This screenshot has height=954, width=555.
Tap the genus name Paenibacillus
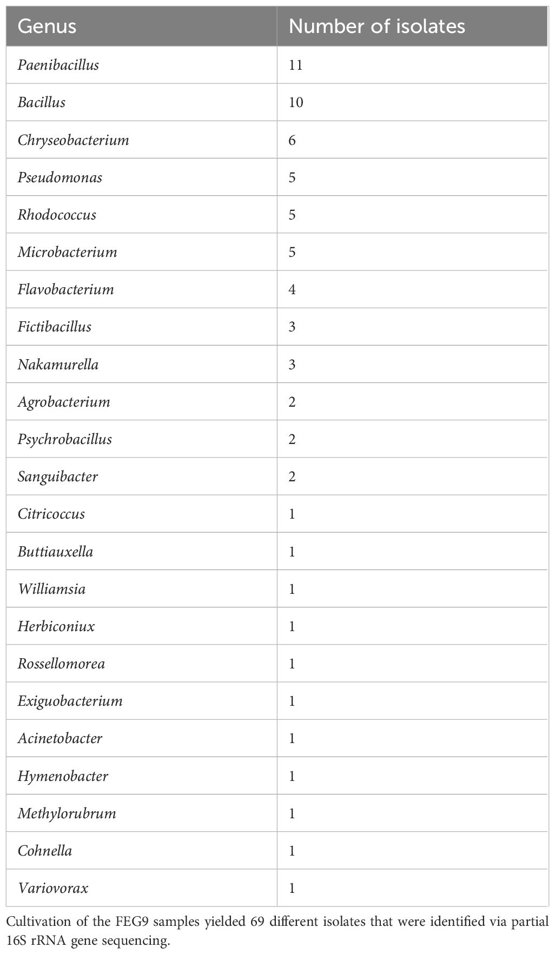(x=58, y=65)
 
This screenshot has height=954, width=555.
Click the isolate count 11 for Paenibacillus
(x=295, y=65)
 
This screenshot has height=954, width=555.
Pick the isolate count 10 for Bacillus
(x=296, y=102)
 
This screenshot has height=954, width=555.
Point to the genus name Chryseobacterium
(x=73, y=140)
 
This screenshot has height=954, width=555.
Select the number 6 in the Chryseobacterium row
(x=292, y=140)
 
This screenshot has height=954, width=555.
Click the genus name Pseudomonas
(x=60, y=177)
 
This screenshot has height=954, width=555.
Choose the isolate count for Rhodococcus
(x=292, y=215)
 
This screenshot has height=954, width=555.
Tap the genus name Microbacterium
(x=67, y=252)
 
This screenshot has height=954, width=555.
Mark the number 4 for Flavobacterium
(x=292, y=289)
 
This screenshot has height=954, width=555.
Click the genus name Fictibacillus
(x=54, y=327)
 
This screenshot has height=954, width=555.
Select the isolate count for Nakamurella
(x=292, y=365)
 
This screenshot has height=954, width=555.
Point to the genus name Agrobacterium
(x=64, y=402)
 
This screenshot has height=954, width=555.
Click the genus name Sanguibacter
(x=58, y=476)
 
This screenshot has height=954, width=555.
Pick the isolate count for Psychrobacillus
(x=292, y=439)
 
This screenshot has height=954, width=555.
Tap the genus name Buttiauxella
(x=55, y=552)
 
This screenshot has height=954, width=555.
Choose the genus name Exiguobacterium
(x=70, y=701)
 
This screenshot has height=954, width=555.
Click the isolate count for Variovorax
(x=292, y=888)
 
